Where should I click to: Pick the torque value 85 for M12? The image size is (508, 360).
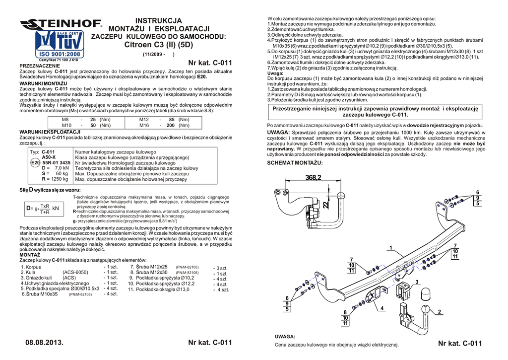[171, 120]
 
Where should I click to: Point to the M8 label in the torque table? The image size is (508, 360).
[65, 120]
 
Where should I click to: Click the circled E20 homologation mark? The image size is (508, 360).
[35, 163]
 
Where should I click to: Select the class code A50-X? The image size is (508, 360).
[49, 157]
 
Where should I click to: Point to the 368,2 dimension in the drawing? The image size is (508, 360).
[313, 177]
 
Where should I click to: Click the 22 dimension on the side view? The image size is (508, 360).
[325, 204]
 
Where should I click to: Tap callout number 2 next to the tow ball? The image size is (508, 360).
[440, 312]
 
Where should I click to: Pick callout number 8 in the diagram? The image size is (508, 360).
[345, 312]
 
